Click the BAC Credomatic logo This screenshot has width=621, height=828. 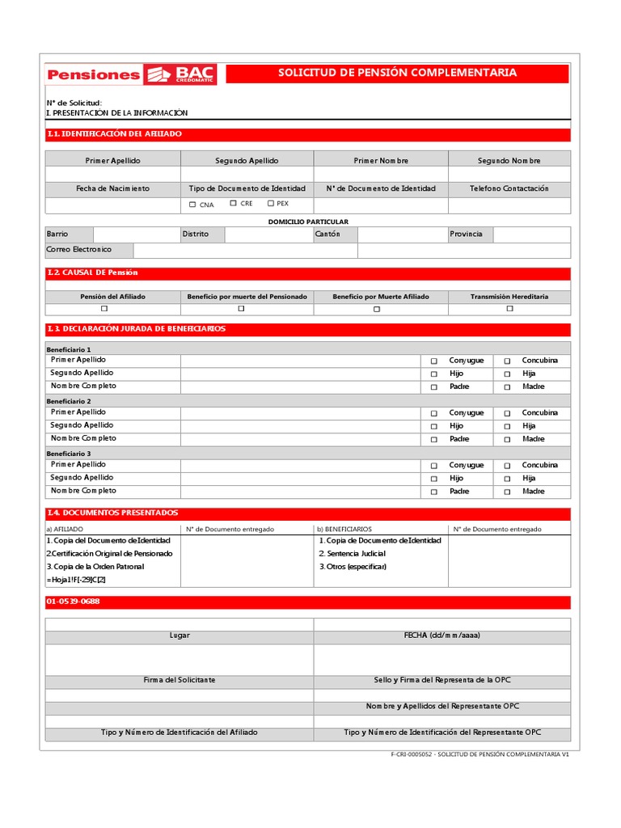tap(180, 74)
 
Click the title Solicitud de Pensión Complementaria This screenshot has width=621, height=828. tap(397, 74)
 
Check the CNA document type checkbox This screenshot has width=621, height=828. tap(192, 205)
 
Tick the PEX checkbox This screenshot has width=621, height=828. tap(271, 204)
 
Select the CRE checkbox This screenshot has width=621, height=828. tap(233, 204)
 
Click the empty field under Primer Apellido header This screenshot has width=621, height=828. tap(113, 175)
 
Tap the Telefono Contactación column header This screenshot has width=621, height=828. tap(509, 188)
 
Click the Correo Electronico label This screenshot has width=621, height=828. tap(79, 250)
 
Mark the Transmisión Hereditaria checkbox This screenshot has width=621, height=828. tap(509, 309)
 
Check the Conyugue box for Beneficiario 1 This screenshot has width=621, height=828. tap(433, 361)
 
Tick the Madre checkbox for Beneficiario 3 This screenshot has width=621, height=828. tap(507, 492)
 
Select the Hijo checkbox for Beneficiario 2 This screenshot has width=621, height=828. tap(433, 426)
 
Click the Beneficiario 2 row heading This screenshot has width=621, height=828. tap(70, 401)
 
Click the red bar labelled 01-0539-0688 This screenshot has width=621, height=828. tap(308, 602)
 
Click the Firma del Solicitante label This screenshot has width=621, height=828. tap(180, 680)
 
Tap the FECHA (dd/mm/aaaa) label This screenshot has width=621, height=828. tap(441, 636)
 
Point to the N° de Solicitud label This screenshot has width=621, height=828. tap(74, 103)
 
